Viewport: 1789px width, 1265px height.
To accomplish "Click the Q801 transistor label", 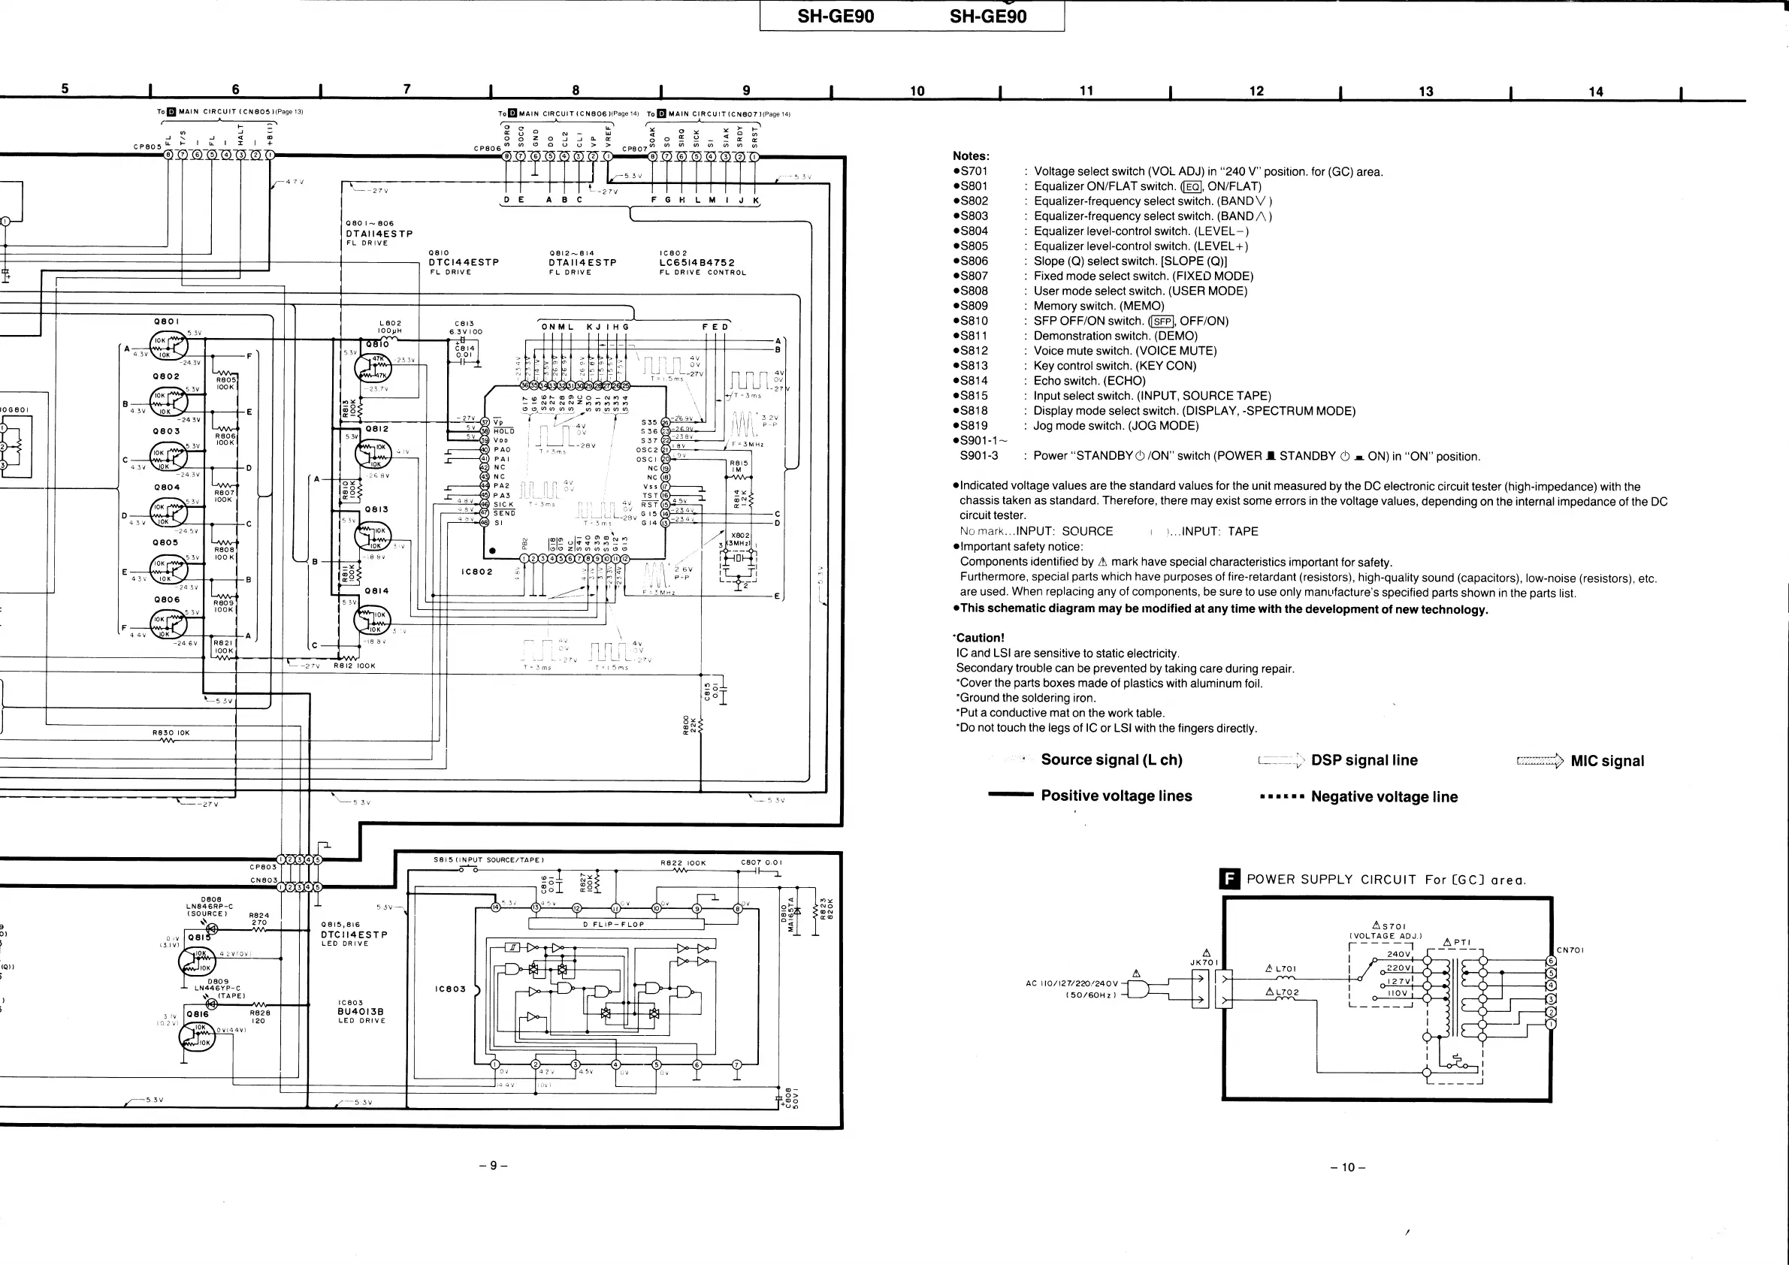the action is [x=167, y=321].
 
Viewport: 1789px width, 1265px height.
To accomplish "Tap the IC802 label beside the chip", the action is [x=477, y=572].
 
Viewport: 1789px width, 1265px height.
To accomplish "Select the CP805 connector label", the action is [x=147, y=146].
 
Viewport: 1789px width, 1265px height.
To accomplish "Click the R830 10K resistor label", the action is [x=171, y=733].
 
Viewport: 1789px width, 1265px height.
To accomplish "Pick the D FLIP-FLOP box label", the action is [x=613, y=925].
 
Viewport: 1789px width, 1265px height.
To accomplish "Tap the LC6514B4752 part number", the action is [x=697, y=263].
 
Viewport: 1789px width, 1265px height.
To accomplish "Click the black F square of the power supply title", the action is [x=1228, y=880].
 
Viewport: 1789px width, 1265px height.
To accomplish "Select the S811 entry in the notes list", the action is [x=973, y=336].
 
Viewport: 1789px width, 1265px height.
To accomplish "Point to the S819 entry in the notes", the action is [x=973, y=425].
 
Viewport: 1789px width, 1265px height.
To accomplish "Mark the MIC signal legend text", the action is [x=1606, y=761].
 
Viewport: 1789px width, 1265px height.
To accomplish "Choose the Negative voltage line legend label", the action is [x=1384, y=797].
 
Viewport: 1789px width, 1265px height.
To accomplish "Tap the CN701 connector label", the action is [x=1570, y=950].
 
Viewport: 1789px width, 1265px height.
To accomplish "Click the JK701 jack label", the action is [x=1204, y=962].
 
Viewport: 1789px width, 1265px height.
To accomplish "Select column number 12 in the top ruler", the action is [x=1256, y=91].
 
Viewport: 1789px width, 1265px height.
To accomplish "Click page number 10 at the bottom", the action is [x=1348, y=1167].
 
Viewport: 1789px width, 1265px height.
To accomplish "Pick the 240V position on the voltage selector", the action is [x=1398, y=954].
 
